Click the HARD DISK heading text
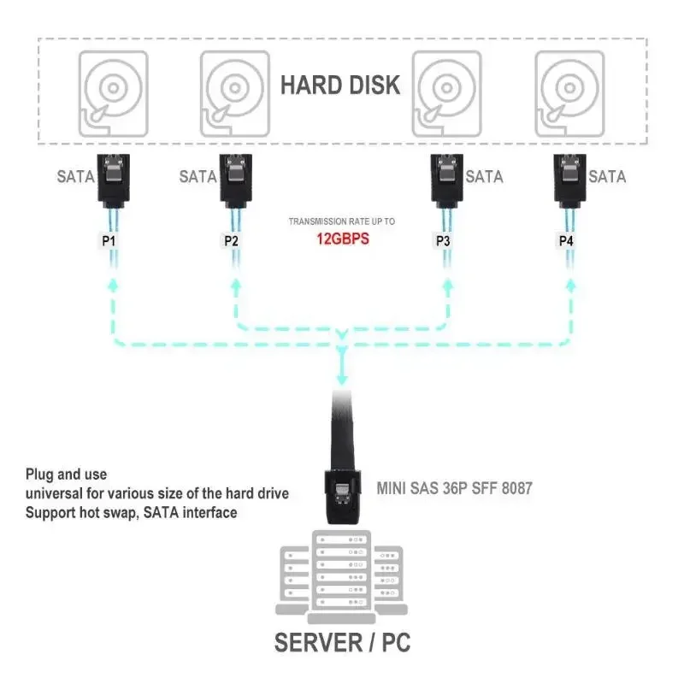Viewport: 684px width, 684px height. tap(339, 85)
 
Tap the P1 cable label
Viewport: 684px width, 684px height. tap(109, 241)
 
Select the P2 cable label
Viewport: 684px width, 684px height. tap(231, 241)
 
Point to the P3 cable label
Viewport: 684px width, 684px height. tap(443, 241)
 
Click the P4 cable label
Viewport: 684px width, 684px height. tap(566, 241)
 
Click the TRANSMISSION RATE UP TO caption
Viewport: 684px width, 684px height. tap(341, 221)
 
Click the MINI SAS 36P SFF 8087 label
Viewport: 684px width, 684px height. tap(454, 488)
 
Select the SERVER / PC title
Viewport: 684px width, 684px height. tap(342, 642)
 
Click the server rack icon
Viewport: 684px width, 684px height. tap(342, 573)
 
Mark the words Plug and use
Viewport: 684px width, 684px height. tap(66, 475)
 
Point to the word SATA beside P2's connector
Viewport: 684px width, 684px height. tap(198, 177)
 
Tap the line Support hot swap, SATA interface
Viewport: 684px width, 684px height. tap(131, 512)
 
